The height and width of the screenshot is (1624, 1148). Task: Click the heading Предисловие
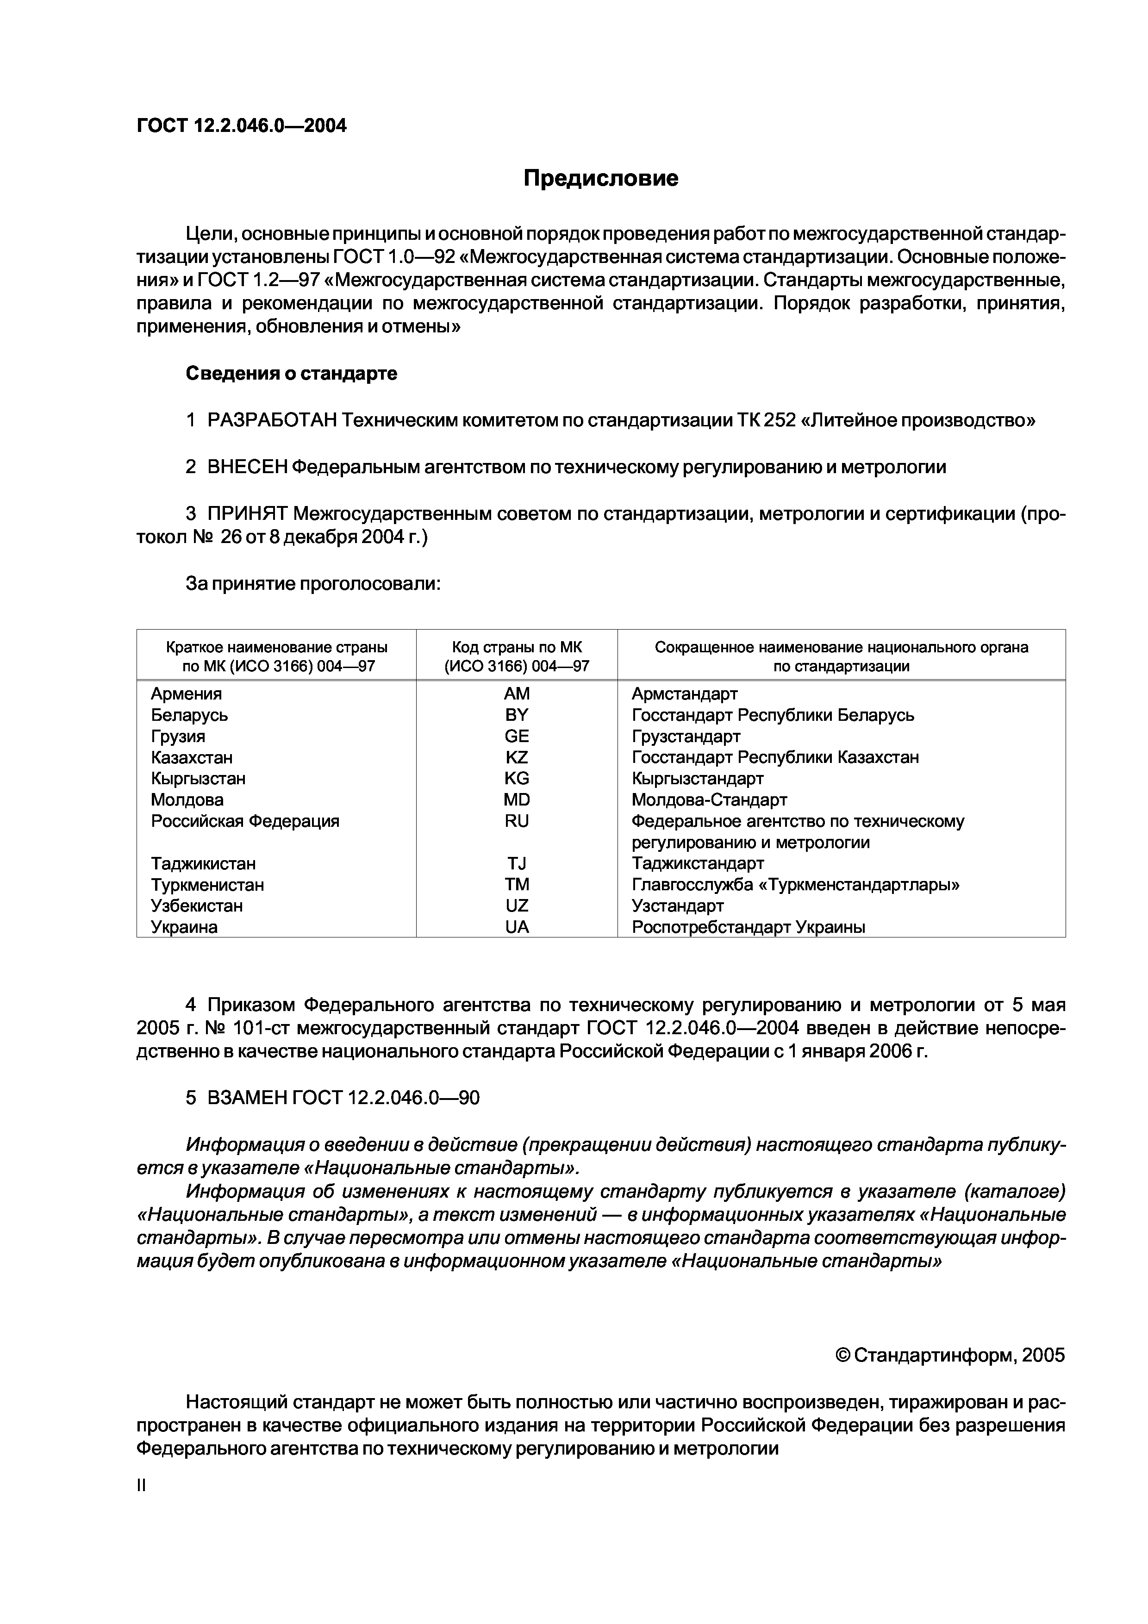pos(600,178)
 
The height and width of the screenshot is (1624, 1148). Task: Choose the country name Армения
pos(186,694)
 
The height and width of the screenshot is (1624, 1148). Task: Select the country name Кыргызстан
pos(198,779)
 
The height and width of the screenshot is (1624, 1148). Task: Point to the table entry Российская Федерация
pos(245,821)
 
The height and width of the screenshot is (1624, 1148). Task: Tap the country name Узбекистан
pos(197,906)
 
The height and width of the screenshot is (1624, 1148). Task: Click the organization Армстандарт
pos(684,694)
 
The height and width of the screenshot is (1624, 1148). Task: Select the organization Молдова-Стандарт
pos(709,800)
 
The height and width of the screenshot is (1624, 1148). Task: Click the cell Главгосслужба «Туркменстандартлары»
pos(795,885)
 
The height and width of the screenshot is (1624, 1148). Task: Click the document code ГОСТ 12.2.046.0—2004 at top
pos(241,126)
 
